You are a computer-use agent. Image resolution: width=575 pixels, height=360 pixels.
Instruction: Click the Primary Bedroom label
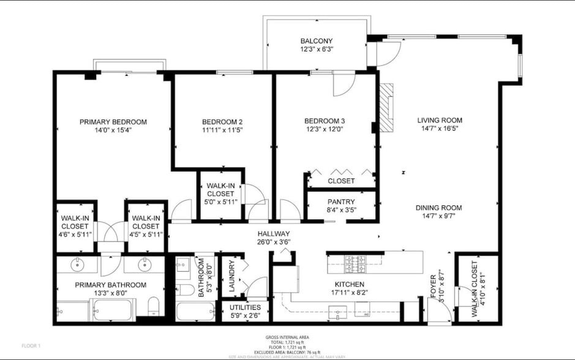point(113,122)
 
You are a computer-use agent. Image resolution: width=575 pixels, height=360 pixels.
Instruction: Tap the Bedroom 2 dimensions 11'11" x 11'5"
point(223,130)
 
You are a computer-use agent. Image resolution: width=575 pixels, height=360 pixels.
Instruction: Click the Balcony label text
point(317,41)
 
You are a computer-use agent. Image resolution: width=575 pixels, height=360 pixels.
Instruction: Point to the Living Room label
point(440,121)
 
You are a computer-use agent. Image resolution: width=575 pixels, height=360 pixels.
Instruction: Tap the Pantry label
point(341,201)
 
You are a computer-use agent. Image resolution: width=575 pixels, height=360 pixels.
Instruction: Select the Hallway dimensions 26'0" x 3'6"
point(274,242)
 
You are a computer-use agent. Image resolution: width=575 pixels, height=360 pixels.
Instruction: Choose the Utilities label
point(245,307)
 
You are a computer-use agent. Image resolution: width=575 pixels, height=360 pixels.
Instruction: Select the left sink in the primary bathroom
point(78,264)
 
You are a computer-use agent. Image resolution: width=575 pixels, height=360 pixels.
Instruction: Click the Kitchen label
point(350,285)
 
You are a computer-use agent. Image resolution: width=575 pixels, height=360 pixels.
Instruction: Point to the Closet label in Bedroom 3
point(341,181)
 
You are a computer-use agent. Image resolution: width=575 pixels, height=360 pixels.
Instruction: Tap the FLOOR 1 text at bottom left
point(31,346)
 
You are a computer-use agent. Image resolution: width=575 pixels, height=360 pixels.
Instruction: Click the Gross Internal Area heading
point(287,337)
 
